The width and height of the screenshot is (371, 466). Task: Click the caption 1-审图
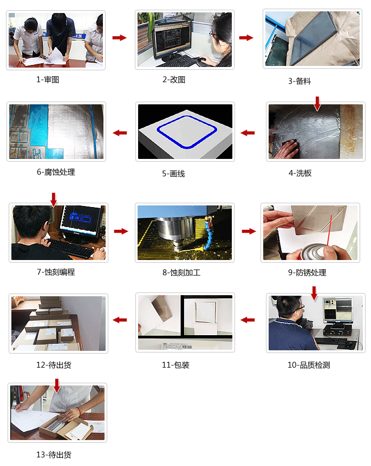coord(48,79)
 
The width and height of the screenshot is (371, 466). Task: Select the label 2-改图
coord(173,79)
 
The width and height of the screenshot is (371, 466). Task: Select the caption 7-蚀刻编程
coord(56,272)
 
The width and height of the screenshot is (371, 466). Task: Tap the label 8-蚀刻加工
coord(181,272)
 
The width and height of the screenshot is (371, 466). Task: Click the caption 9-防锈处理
coord(307,272)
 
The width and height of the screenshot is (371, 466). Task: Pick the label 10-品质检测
coord(308,365)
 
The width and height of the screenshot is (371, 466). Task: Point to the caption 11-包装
coord(175,365)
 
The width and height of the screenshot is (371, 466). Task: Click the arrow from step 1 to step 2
coord(119,38)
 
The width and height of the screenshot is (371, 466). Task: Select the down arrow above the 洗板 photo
coord(317,103)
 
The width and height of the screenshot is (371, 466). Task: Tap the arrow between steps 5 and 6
coord(120,133)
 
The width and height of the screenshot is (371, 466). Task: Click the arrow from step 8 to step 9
coord(249,231)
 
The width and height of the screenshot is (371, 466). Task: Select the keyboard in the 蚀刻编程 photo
coord(71,249)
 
